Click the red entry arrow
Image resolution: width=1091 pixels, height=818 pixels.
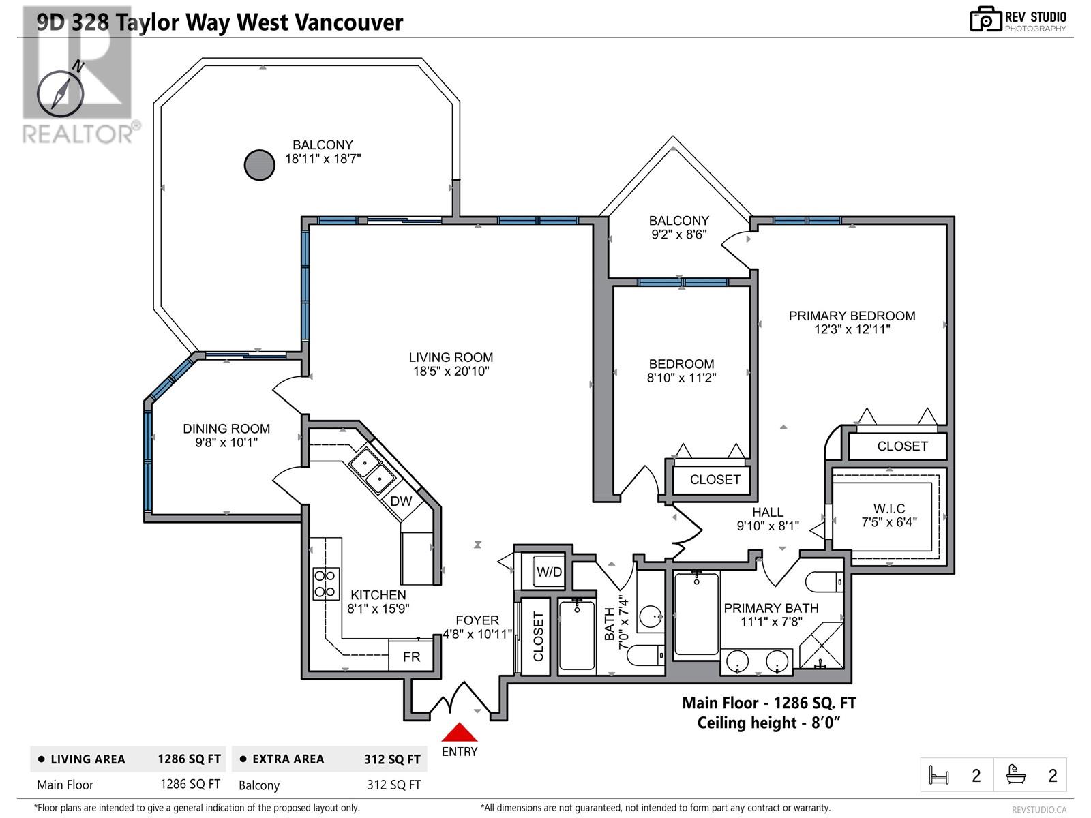point(460,732)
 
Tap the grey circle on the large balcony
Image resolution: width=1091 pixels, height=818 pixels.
point(260,165)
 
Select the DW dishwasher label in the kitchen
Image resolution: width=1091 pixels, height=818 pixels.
point(401,501)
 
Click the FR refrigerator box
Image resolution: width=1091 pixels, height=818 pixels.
point(411,656)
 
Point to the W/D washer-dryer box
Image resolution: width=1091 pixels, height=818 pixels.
point(549,572)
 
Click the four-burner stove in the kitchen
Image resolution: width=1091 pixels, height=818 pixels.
point(325,584)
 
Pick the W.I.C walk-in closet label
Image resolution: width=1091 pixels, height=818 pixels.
point(889,509)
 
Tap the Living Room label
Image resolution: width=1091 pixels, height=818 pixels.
point(451,357)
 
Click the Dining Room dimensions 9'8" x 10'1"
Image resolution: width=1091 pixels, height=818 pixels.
point(226,442)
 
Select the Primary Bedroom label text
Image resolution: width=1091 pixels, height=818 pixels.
point(852,316)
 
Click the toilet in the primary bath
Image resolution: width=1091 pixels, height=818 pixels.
point(824,581)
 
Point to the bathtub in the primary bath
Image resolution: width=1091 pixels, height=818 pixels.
point(696,613)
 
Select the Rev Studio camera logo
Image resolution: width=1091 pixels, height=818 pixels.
point(985,19)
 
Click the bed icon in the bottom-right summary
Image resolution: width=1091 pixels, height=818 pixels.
point(939,775)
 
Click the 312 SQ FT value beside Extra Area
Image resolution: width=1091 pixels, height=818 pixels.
point(392,759)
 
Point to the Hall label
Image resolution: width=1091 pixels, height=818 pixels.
point(767,512)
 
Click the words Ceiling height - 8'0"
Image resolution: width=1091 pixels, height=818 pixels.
point(768,723)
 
